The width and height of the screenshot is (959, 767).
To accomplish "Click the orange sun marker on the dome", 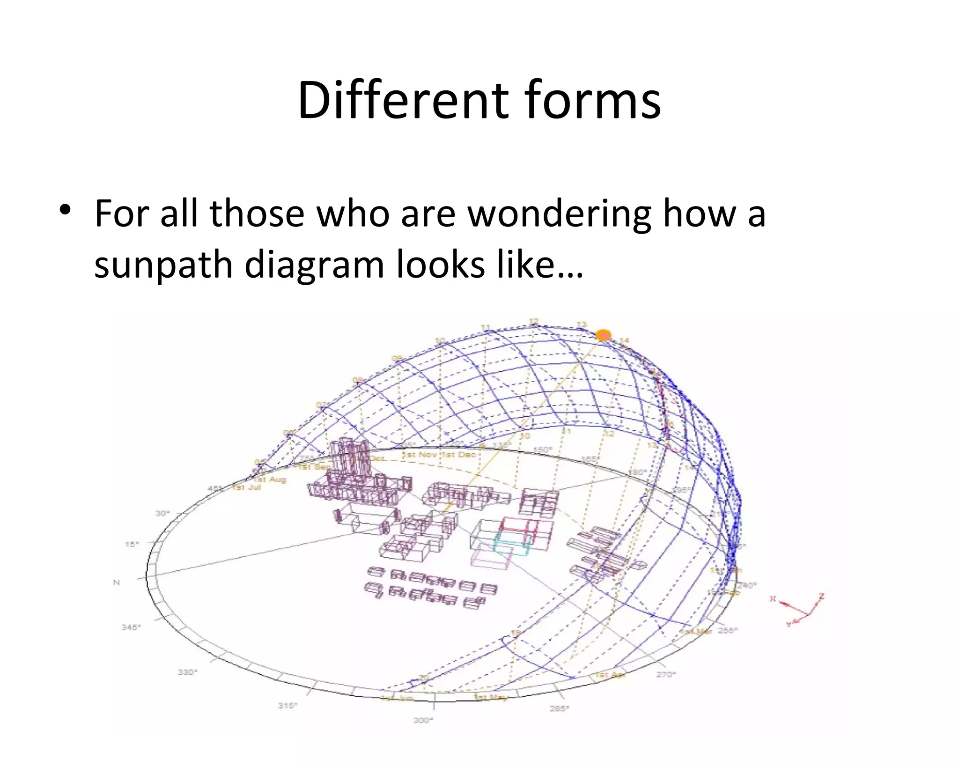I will click(x=603, y=335).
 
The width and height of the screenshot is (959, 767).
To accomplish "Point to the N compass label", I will click(x=117, y=583).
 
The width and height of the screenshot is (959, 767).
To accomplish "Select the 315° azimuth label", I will click(x=288, y=705).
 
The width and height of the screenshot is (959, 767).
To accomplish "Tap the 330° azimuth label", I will click(x=187, y=672).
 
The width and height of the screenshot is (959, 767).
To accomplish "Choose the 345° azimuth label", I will click(x=131, y=627).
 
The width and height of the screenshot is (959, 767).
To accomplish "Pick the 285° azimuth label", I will click(x=559, y=708).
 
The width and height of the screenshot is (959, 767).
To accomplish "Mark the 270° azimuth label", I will click(x=665, y=674).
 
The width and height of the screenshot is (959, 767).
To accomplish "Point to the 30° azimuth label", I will click(x=162, y=513).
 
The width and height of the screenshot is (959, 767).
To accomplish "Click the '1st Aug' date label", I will click(x=270, y=479).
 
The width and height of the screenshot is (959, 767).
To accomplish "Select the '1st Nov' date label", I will click(x=420, y=455).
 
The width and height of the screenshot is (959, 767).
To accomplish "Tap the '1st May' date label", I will click(x=491, y=697).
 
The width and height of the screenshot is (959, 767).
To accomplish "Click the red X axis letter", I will click(x=773, y=598).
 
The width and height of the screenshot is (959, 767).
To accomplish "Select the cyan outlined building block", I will click(x=513, y=544).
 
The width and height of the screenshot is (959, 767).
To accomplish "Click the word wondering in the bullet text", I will click(x=560, y=214).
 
